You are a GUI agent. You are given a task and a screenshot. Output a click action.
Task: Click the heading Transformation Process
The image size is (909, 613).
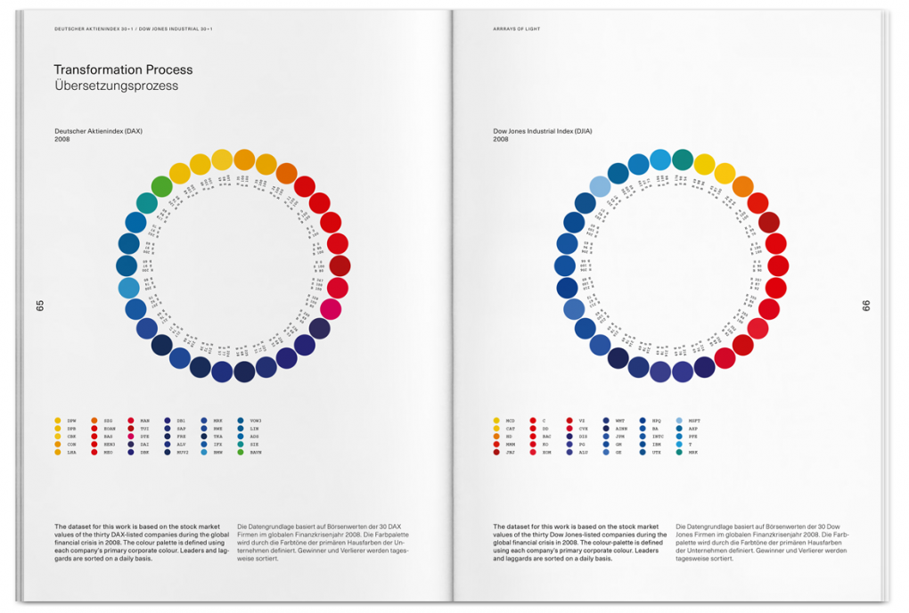(123, 69)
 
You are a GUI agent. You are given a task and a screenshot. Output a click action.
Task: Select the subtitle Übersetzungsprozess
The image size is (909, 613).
(116, 86)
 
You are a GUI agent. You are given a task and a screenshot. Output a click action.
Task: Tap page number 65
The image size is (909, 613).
(40, 306)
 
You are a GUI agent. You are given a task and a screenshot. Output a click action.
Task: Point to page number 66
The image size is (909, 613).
(866, 306)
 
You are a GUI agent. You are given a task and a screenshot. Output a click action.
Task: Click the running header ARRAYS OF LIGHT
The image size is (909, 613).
(517, 29)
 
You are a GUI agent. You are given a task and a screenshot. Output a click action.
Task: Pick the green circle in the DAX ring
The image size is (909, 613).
(161, 186)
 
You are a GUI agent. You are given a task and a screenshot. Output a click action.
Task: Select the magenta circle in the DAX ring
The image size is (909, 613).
(331, 309)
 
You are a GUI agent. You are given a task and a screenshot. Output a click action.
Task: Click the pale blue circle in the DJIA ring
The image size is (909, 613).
(600, 187)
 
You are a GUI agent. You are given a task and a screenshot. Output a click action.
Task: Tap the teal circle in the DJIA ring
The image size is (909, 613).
(683, 159)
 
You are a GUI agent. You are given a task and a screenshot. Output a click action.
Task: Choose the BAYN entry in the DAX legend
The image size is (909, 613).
(255, 453)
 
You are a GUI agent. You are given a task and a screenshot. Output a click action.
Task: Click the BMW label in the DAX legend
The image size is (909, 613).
(218, 453)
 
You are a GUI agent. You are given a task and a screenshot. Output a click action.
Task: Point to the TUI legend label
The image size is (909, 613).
(144, 429)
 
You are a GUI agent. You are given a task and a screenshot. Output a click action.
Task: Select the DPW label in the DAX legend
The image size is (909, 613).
(71, 421)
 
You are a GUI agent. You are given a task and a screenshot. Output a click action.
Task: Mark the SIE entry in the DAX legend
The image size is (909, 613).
(254, 445)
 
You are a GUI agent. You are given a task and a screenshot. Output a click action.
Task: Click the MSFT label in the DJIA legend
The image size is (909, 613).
(695, 421)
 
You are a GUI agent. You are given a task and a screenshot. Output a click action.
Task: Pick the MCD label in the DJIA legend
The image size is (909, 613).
(511, 421)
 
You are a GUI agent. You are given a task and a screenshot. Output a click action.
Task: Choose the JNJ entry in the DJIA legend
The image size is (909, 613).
(511, 453)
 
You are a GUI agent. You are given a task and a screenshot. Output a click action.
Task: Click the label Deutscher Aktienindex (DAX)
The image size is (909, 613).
(98, 131)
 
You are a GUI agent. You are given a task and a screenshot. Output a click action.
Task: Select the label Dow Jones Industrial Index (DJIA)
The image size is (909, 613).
(543, 131)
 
